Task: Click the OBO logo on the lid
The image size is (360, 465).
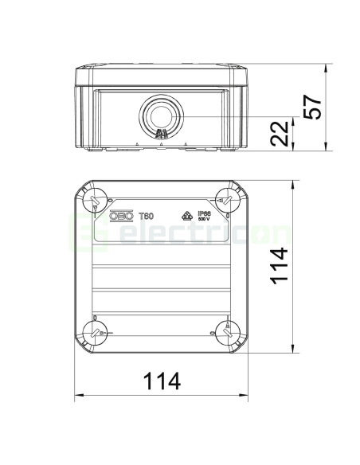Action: pyautogui.click(x=121, y=215)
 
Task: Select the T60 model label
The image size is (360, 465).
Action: pyautogui.click(x=147, y=215)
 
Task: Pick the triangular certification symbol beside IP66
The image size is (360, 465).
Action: pyautogui.click(x=189, y=215)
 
